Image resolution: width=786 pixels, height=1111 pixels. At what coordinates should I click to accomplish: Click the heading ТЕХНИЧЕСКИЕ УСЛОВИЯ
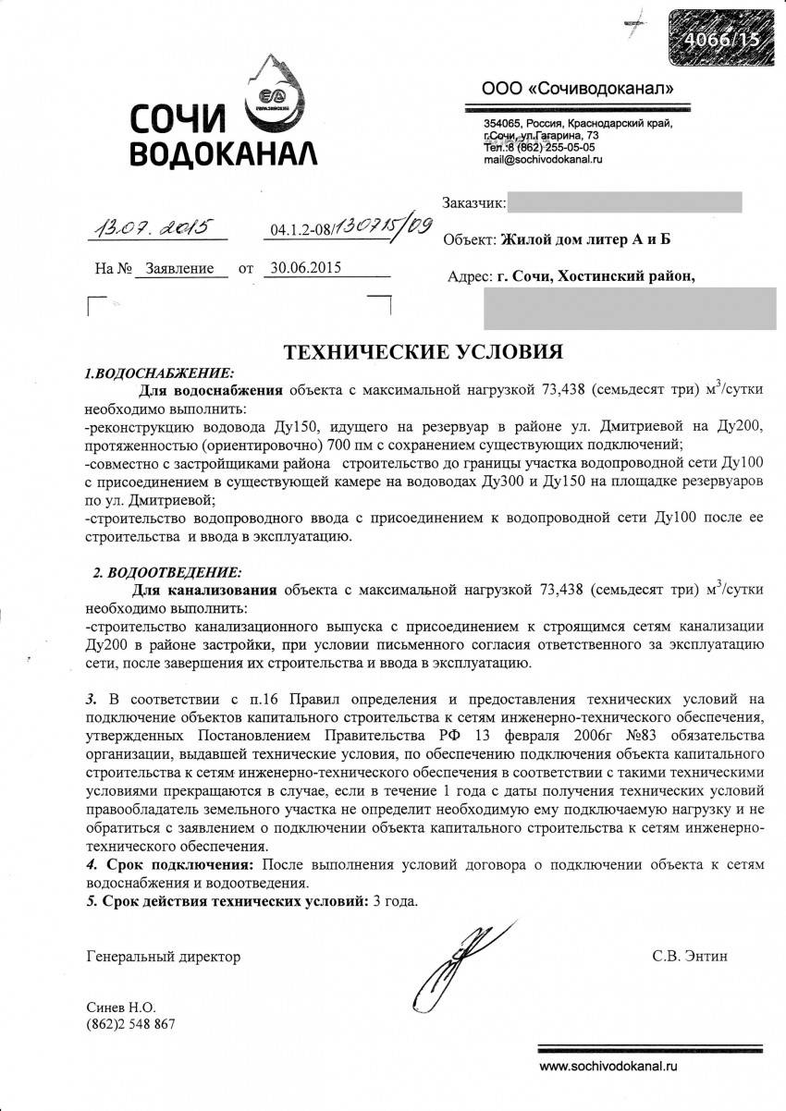(423, 352)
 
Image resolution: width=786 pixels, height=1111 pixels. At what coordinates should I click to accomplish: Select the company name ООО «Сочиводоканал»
(577, 89)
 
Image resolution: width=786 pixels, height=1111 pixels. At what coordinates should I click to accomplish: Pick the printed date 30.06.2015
(302, 268)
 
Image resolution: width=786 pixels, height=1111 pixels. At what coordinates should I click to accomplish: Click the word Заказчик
(473, 202)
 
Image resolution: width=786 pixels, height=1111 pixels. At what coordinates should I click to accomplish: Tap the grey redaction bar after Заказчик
(624, 202)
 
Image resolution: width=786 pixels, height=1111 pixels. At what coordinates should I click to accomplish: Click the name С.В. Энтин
(689, 956)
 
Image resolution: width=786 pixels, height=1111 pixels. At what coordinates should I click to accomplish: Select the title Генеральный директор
(163, 957)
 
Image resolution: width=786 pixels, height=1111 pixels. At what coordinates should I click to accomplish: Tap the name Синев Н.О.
(120, 1007)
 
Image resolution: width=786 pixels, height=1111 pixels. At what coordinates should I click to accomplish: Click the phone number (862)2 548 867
(130, 1023)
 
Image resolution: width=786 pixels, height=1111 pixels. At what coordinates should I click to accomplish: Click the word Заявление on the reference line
(180, 269)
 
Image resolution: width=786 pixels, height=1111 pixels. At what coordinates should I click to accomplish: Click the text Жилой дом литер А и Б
(585, 240)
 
